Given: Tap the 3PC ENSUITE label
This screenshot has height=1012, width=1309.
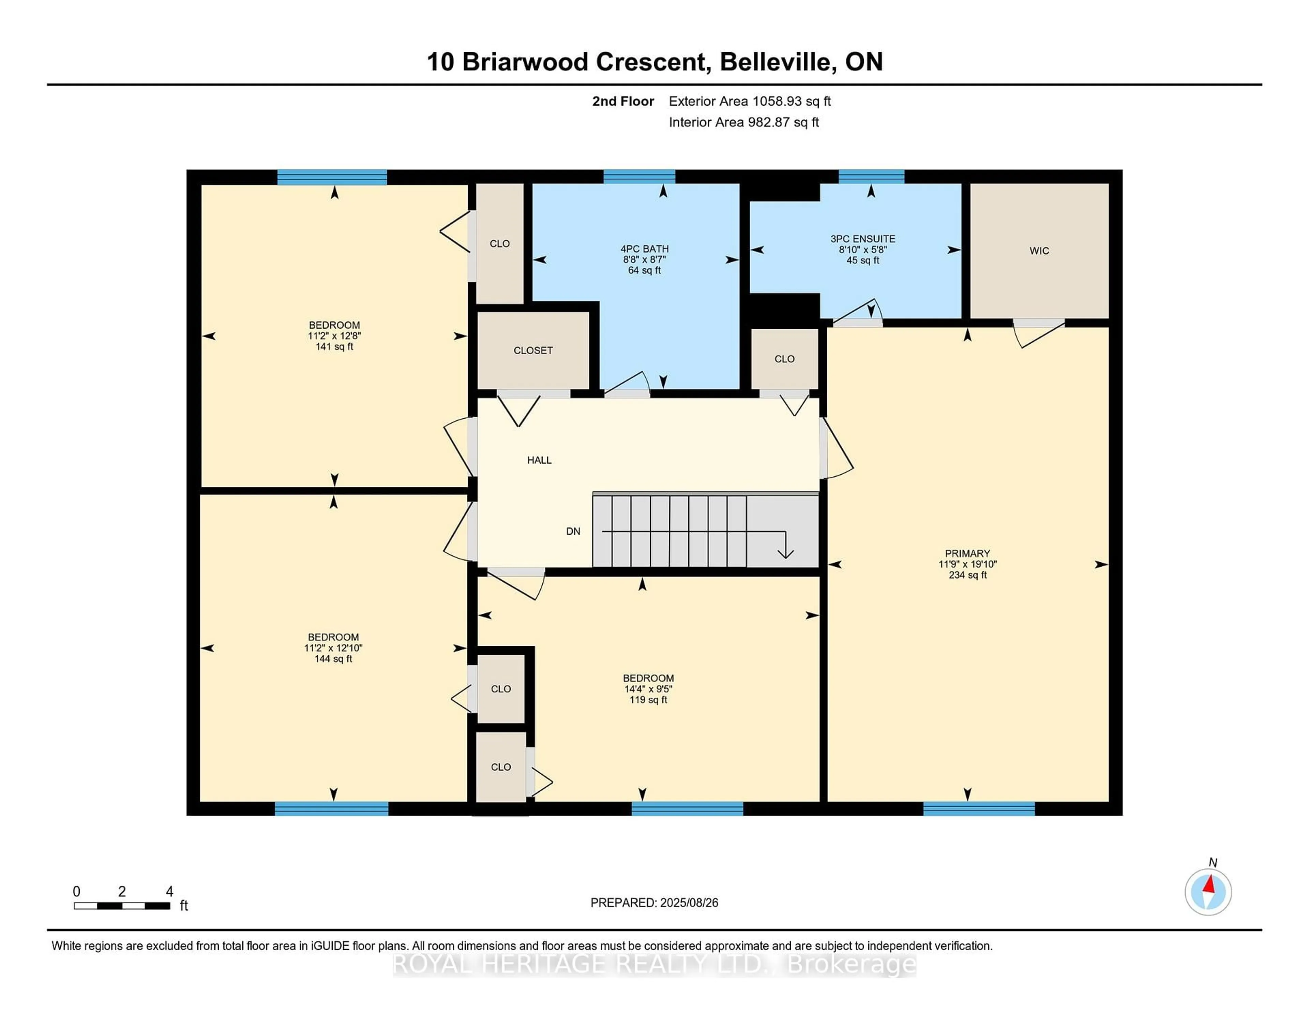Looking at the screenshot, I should pyautogui.click(x=862, y=239).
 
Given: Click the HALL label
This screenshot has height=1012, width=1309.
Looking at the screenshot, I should pyautogui.click(x=539, y=460).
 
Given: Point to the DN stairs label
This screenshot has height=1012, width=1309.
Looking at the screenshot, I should pyautogui.click(x=573, y=531).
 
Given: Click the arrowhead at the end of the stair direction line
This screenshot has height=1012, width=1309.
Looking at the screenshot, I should pyautogui.click(x=785, y=553).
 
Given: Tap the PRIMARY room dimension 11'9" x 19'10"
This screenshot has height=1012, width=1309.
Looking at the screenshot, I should pyautogui.click(x=967, y=564).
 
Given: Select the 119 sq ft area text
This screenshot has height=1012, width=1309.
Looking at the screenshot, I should pyautogui.click(x=648, y=700).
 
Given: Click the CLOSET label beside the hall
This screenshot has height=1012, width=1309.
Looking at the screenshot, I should pyautogui.click(x=533, y=350).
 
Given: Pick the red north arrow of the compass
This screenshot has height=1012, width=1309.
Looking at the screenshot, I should pyautogui.click(x=1209, y=884).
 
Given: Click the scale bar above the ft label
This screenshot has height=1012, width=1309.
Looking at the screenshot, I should pyautogui.click(x=122, y=905).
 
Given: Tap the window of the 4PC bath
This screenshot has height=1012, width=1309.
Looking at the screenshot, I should pyautogui.click(x=639, y=176).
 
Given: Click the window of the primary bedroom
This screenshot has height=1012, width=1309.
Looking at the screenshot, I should pyautogui.click(x=979, y=809).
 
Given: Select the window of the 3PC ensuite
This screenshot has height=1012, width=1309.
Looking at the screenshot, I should pyautogui.click(x=871, y=176).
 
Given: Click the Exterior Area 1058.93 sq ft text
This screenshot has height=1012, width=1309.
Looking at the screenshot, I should pyautogui.click(x=749, y=101).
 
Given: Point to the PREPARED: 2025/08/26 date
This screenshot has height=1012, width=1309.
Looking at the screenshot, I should pyautogui.click(x=654, y=902).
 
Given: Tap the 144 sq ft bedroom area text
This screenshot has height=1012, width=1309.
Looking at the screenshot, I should pyautogui.click(x=333, y=658).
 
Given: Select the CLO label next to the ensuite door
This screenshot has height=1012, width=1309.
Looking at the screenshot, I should pyautogui.click(x=784, y=358).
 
